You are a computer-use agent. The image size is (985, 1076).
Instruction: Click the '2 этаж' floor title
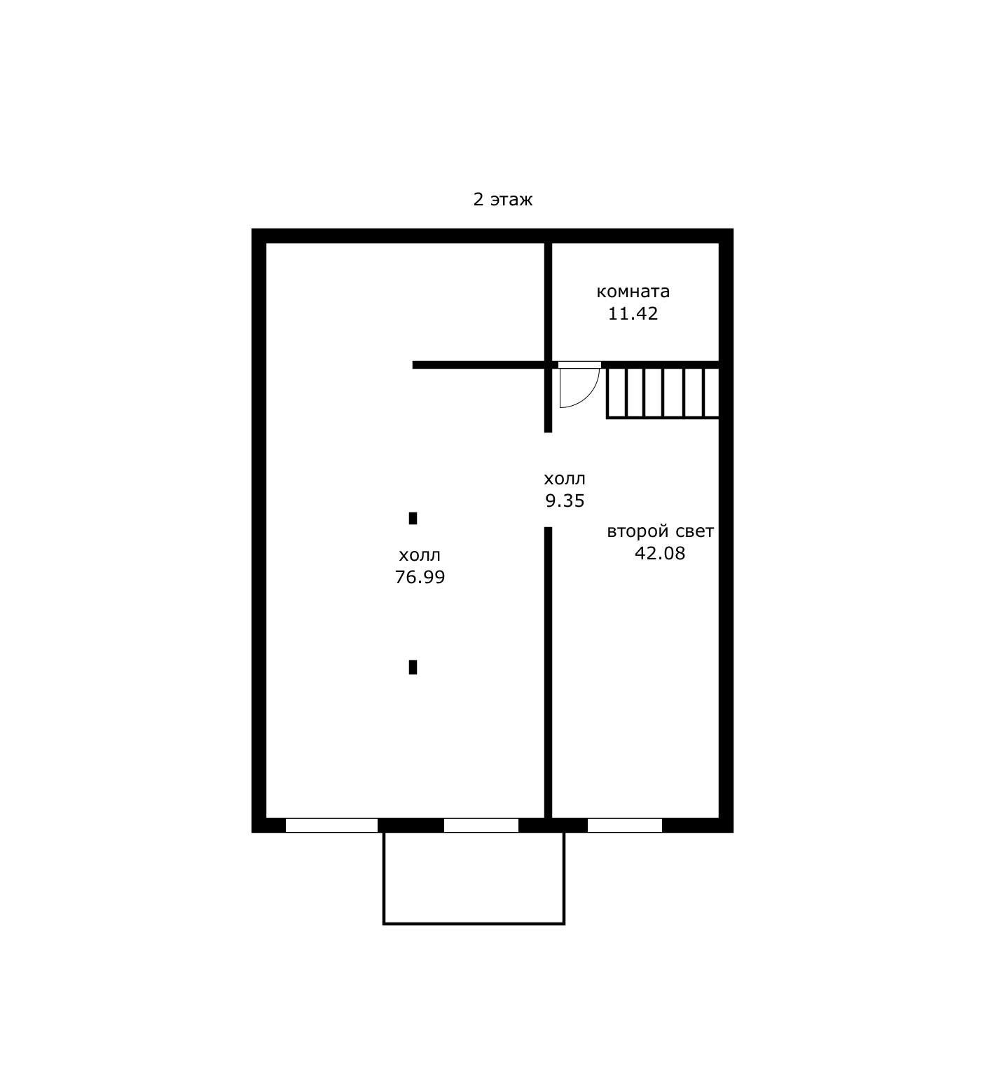click(503, 200)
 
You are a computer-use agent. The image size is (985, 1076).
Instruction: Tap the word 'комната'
click(633, 292)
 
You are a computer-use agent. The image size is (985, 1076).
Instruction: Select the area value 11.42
click(633, 313)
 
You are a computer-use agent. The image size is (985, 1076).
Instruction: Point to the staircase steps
click(662, 393)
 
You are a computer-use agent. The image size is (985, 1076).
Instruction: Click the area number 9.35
click(565, 501)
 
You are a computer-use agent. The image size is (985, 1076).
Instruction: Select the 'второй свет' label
click(660, 532)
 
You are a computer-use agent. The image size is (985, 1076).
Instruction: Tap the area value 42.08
click(660, 554)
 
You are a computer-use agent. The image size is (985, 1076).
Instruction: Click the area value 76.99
click(420, 578)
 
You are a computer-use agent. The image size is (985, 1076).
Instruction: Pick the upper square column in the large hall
click(413, 519)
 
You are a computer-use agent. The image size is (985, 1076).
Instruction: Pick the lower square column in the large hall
click(413, 667)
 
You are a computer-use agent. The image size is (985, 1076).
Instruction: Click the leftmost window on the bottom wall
click(331, 826)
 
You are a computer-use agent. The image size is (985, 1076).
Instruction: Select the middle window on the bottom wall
click(481, 826)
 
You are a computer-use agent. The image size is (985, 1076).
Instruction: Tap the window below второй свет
click(625, 826)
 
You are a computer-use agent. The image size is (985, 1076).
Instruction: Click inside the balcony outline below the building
click(474, 878)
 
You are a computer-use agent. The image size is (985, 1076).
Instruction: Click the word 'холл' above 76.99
click(420, 556)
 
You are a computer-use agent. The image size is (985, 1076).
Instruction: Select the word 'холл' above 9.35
click(565, 479)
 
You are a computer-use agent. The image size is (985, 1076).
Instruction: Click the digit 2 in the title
click(478, 200)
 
